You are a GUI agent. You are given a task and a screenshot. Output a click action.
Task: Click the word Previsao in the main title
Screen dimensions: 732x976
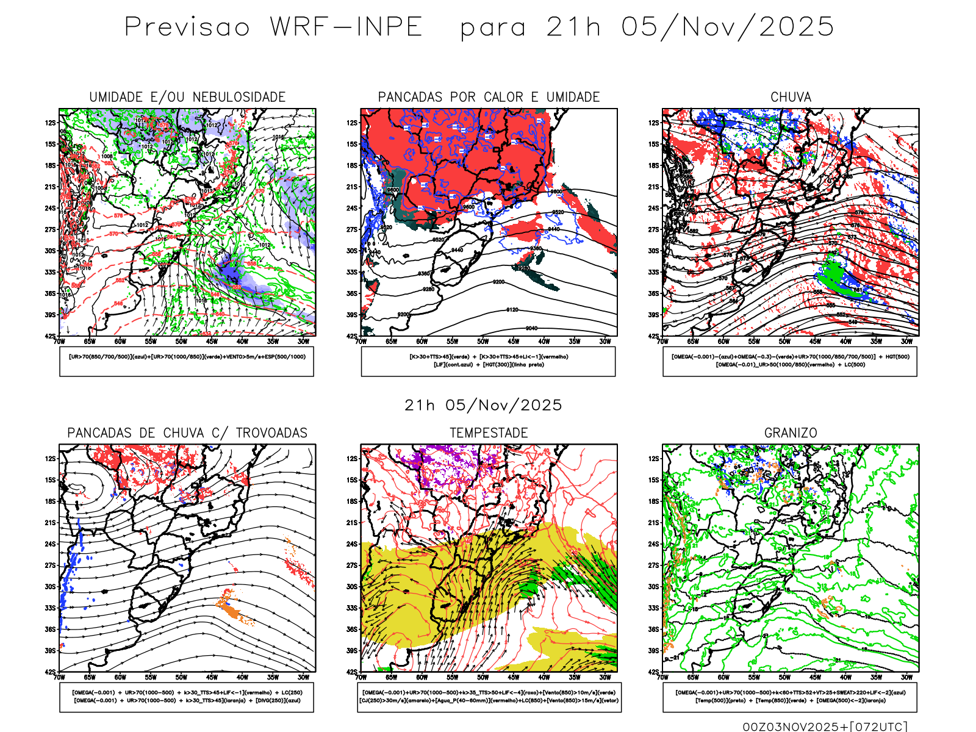click(187, 27)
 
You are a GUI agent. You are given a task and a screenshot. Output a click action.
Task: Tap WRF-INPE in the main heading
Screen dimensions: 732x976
click(346, 27)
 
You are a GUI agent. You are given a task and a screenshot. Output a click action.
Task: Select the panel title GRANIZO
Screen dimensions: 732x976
click(791, 433)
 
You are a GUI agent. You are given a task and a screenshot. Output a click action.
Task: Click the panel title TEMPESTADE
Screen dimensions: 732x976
click(489, 433)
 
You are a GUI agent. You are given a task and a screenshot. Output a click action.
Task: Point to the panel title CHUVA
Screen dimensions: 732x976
click(791, 97)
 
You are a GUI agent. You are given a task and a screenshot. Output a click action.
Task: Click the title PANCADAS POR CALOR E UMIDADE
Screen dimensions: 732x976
click(489, 97)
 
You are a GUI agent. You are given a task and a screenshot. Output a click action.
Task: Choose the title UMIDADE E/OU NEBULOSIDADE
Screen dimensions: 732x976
click(187, 97)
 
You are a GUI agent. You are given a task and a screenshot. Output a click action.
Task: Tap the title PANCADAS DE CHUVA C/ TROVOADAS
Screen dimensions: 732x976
click(187, 433)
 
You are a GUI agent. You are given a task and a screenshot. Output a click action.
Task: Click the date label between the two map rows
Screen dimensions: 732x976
click(483, 405)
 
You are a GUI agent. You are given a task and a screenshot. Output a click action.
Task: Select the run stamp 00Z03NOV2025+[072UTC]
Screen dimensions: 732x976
click(825, 727)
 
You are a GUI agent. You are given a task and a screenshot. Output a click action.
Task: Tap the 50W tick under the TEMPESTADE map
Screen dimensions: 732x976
click(483, 677)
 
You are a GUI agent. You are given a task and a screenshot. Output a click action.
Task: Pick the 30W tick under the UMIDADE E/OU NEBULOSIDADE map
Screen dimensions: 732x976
click(303, 342)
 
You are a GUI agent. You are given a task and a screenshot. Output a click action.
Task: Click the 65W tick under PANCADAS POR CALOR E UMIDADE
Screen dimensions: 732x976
click(391, 342)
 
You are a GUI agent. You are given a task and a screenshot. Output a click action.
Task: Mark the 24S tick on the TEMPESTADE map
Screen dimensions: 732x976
click(352, 544)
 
